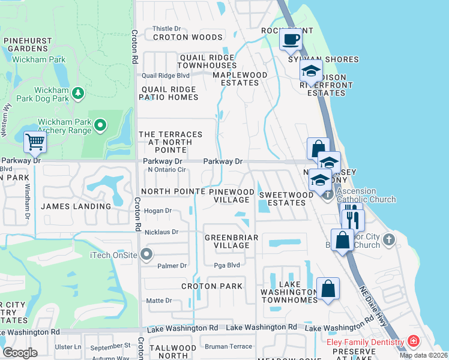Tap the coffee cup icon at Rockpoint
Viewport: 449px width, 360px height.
coord(291,40)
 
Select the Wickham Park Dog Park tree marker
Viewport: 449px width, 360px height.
coord(77,94)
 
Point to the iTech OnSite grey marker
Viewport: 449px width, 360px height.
coord(146,255)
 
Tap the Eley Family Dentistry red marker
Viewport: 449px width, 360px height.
coord(413,341)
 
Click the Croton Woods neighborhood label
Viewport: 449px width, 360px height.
coord(187,37)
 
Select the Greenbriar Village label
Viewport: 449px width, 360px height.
coord(231,242)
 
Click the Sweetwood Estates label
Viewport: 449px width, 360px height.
coord(286,199)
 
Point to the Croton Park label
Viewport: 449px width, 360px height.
coord(212,286)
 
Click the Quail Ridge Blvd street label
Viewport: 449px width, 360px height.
coord(166,76)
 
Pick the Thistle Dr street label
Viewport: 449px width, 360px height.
coord(166,28)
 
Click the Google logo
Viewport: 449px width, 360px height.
coord(20,353)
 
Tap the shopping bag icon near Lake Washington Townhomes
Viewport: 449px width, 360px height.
coord(328,289)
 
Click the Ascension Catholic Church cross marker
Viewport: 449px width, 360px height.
coord(327,194)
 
